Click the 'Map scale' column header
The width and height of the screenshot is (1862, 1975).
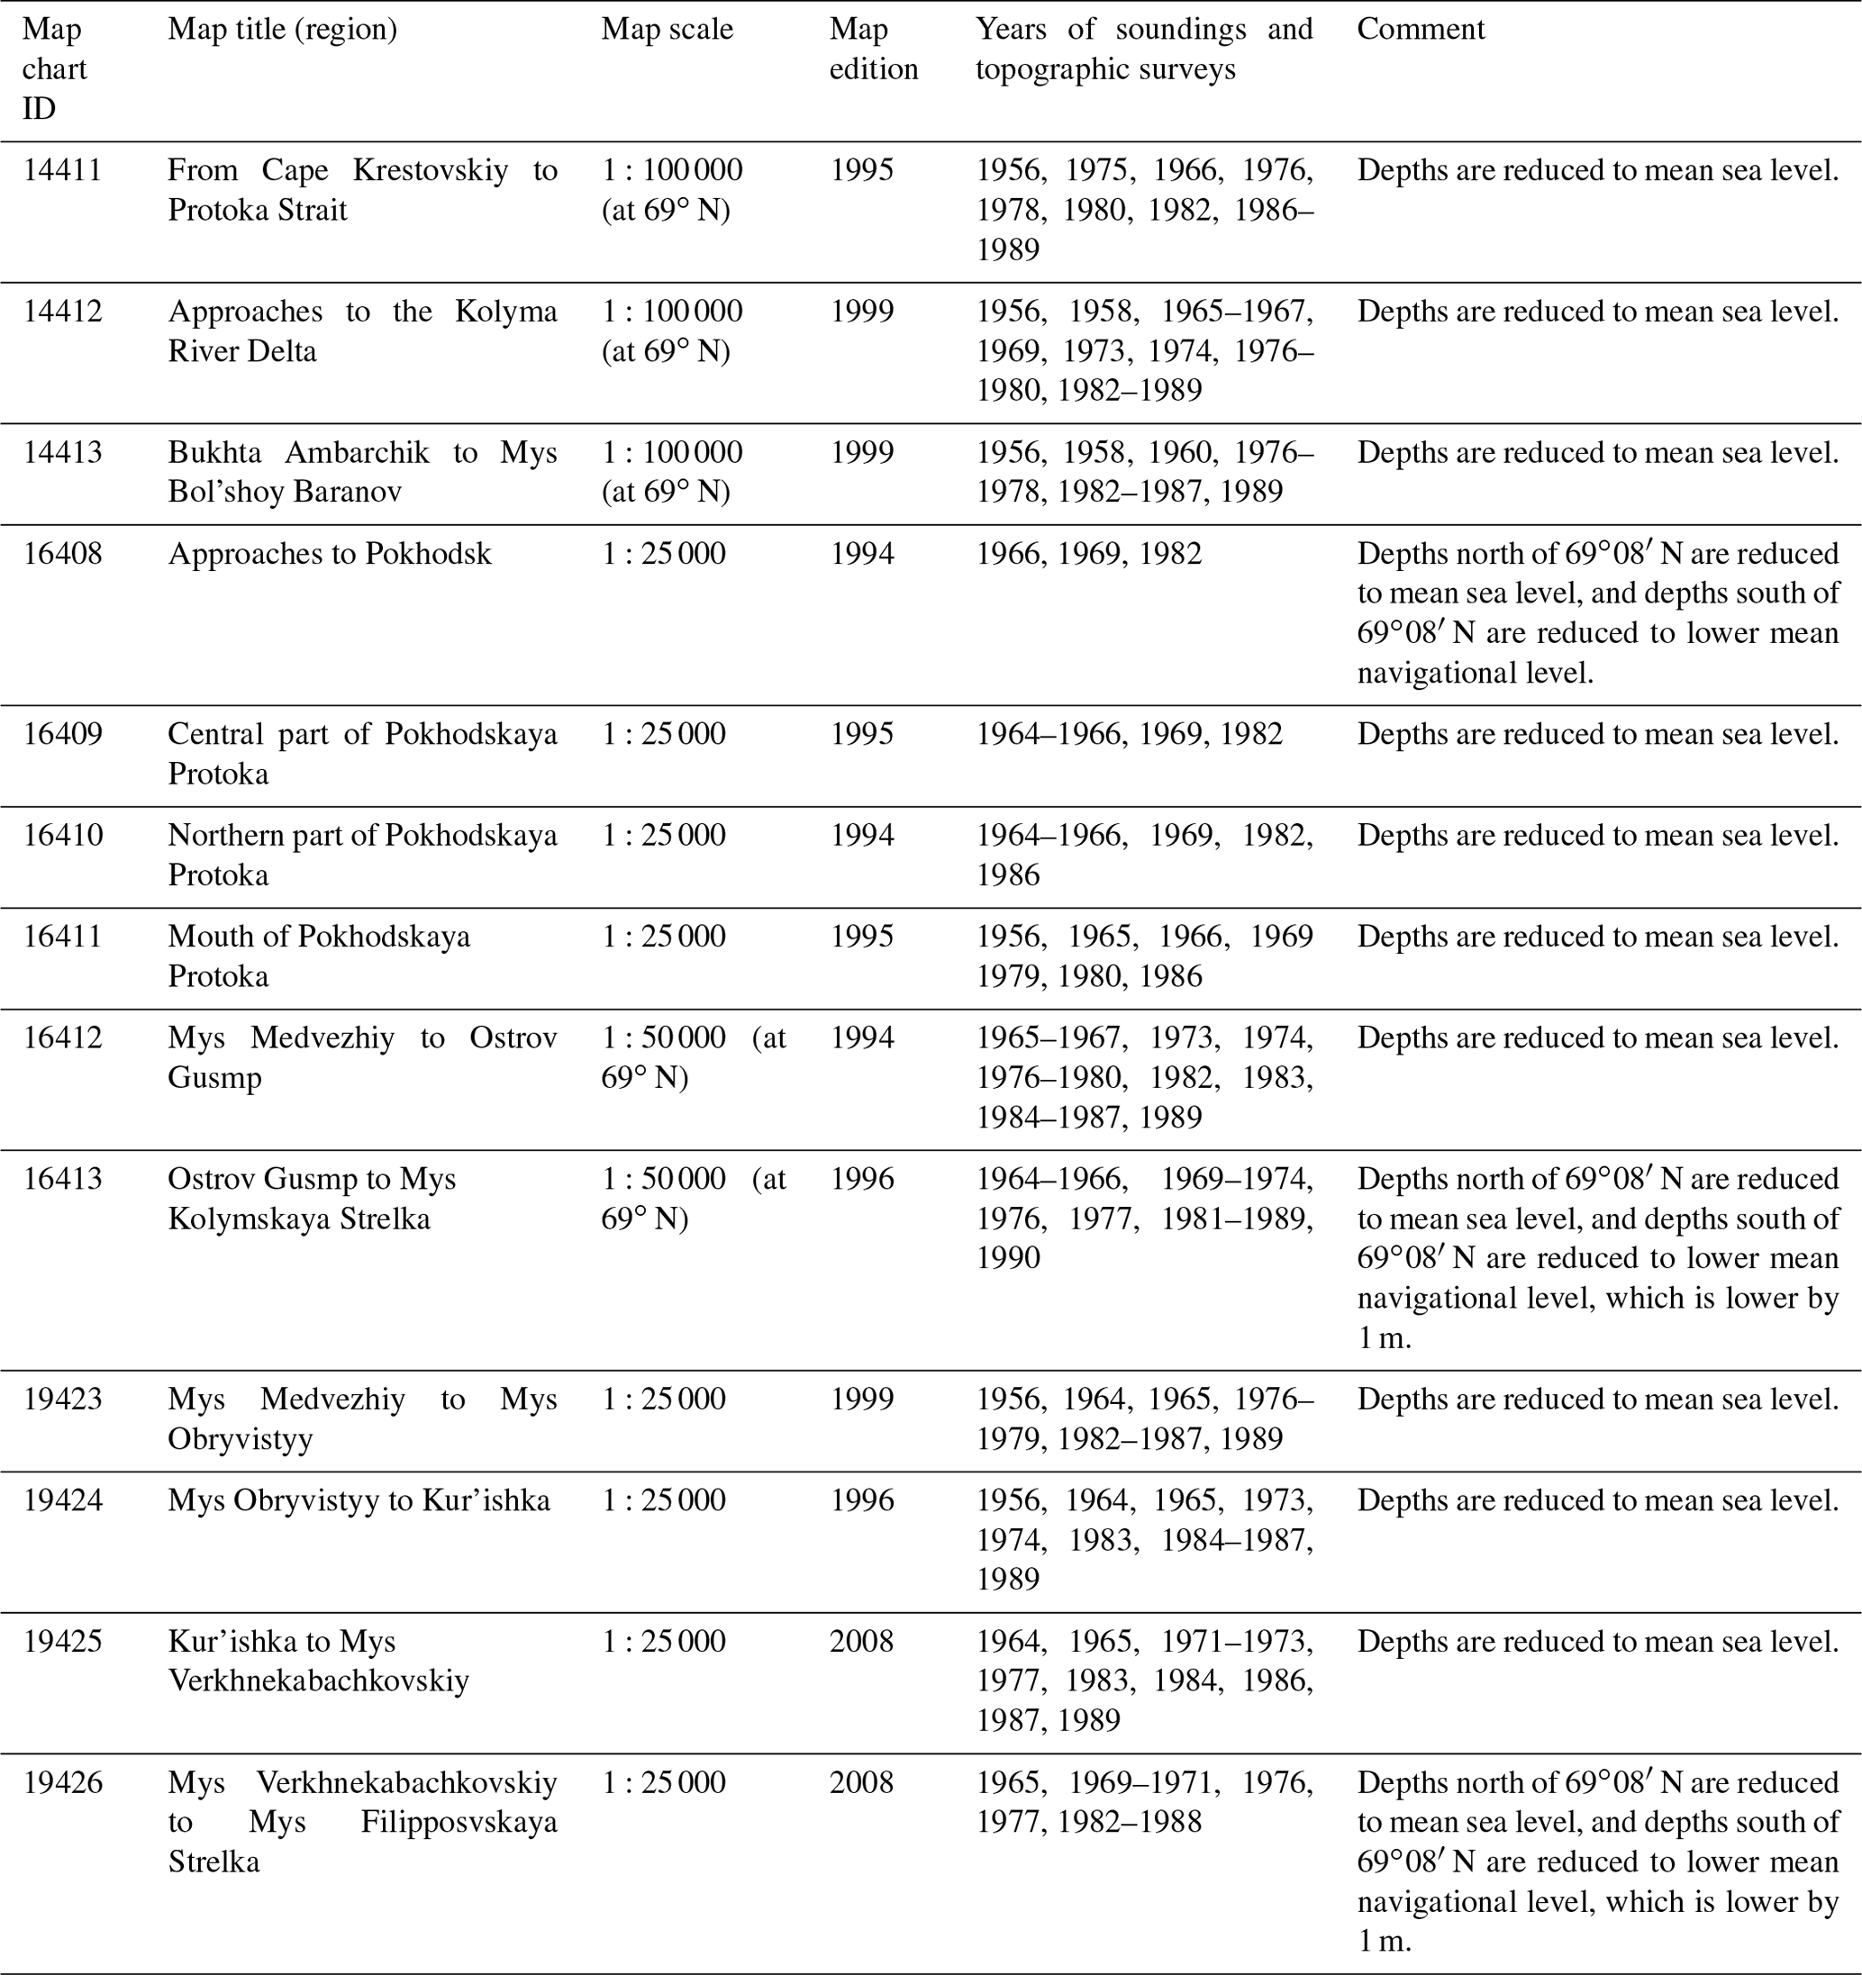[667, 30]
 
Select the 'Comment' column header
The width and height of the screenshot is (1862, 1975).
[1420, 30]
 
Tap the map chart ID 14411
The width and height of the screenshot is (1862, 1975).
[62, 171]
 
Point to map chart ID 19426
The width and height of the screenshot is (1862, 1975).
[62, 1783]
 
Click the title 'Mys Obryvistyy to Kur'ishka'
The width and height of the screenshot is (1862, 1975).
[359, 1500]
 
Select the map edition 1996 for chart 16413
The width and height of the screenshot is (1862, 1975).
[861, 1179]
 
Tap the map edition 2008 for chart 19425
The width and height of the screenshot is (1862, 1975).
[861, 1641]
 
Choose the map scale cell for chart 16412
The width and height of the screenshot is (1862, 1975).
[693, 1057]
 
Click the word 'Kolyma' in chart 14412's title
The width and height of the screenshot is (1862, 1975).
[505, 312]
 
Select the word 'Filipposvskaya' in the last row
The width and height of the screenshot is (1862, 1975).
[458, 1823]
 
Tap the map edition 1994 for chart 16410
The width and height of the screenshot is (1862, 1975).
[861, 836]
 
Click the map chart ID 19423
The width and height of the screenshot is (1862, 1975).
[62, 1400]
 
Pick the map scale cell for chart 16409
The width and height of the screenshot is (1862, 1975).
[664, 734]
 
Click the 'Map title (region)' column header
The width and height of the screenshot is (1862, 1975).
[282, 30]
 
